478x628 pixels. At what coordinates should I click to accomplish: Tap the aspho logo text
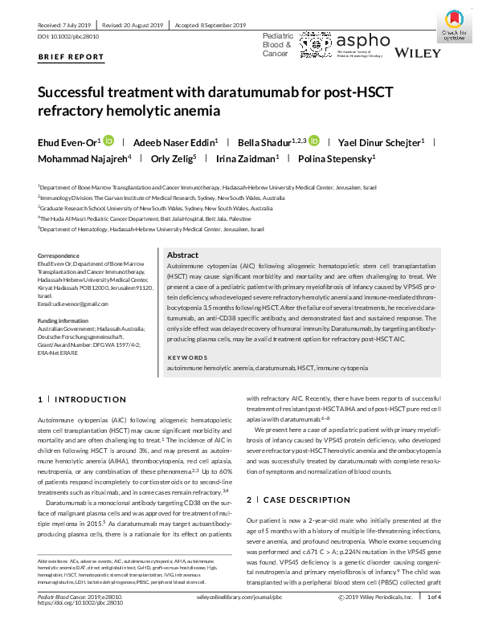pyautogui.click(x=362, y=39)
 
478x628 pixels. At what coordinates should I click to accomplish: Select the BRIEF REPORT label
pyautogui.click(x=71, y=58)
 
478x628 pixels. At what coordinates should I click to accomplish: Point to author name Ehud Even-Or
pyautogui.click(x=68, y=143)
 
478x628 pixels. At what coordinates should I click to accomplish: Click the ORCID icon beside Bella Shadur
pyautogui.click(x=314, y=142)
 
